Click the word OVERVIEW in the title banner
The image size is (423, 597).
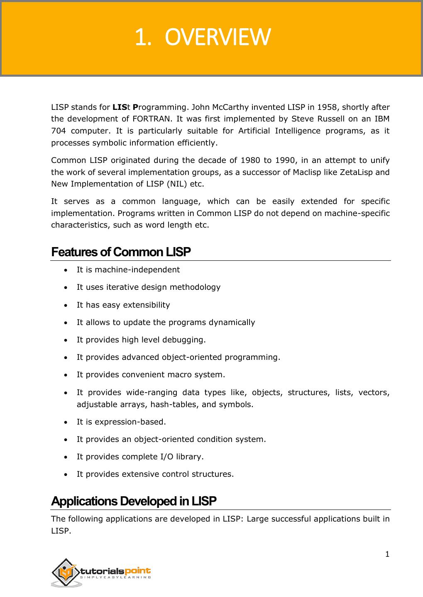click(x=218, y=37)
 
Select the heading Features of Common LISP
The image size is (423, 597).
click(x=121, y=252)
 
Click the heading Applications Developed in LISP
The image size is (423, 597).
click(x=134, y=501)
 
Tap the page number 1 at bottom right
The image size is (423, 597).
click(x=387, y=554)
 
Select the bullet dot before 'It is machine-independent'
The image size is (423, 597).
click(x=66, y=270)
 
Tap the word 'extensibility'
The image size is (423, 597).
click(x=144, y=305)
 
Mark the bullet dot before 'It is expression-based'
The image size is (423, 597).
click(x=66, y=422)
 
